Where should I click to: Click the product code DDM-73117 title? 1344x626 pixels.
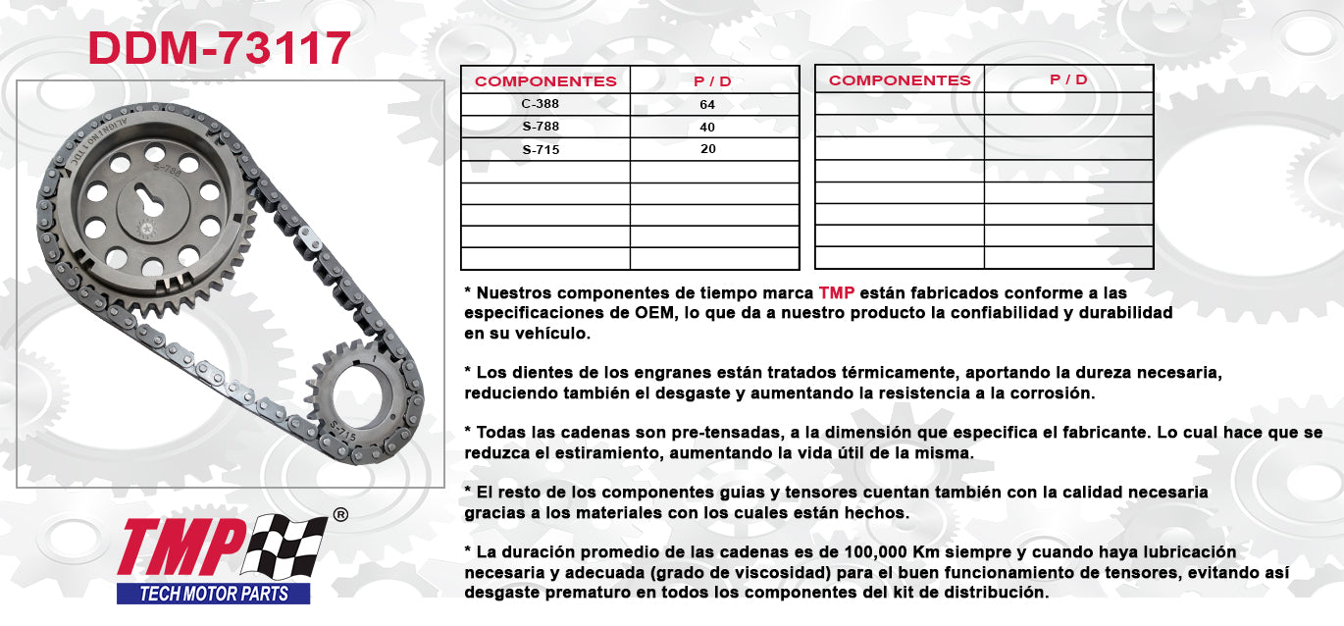[x=220, y=48]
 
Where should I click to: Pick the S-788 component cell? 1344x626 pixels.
[x=541, y=127]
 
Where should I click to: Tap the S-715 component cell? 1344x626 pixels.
[x=541, y=149]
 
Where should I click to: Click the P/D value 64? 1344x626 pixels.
[x=707, y=104]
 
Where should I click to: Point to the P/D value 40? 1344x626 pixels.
[x=707, y=127]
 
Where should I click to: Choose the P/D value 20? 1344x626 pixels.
[x=707, y=149]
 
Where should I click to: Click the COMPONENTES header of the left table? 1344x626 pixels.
[x=545, y=81]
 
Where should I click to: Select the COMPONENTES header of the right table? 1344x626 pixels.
[x=900, y=80]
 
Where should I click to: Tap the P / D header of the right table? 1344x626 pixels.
[x=1068, y=79]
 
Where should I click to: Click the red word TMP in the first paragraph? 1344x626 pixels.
[x=836, y=292]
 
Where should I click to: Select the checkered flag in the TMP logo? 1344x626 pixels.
[x=284, y=547]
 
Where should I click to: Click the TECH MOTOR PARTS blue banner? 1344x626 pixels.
[x=214, y=594]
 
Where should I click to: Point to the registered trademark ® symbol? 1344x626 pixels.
[x=340, y=514]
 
